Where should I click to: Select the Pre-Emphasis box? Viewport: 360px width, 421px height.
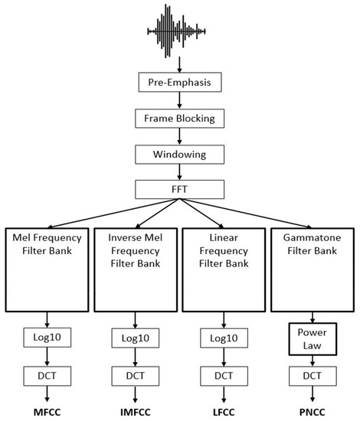[x=179, y=80]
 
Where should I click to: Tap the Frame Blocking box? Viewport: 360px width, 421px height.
[x=179, y=119]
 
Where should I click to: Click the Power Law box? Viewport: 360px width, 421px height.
[x=313, y=337]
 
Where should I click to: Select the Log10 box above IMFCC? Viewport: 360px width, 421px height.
[x=136, y=338]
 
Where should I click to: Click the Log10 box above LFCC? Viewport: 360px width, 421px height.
[x=224, y=338]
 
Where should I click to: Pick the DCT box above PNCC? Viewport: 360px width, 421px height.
[x=313, y=377]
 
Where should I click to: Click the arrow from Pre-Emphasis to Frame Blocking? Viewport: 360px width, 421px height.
[x=179, y=100]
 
